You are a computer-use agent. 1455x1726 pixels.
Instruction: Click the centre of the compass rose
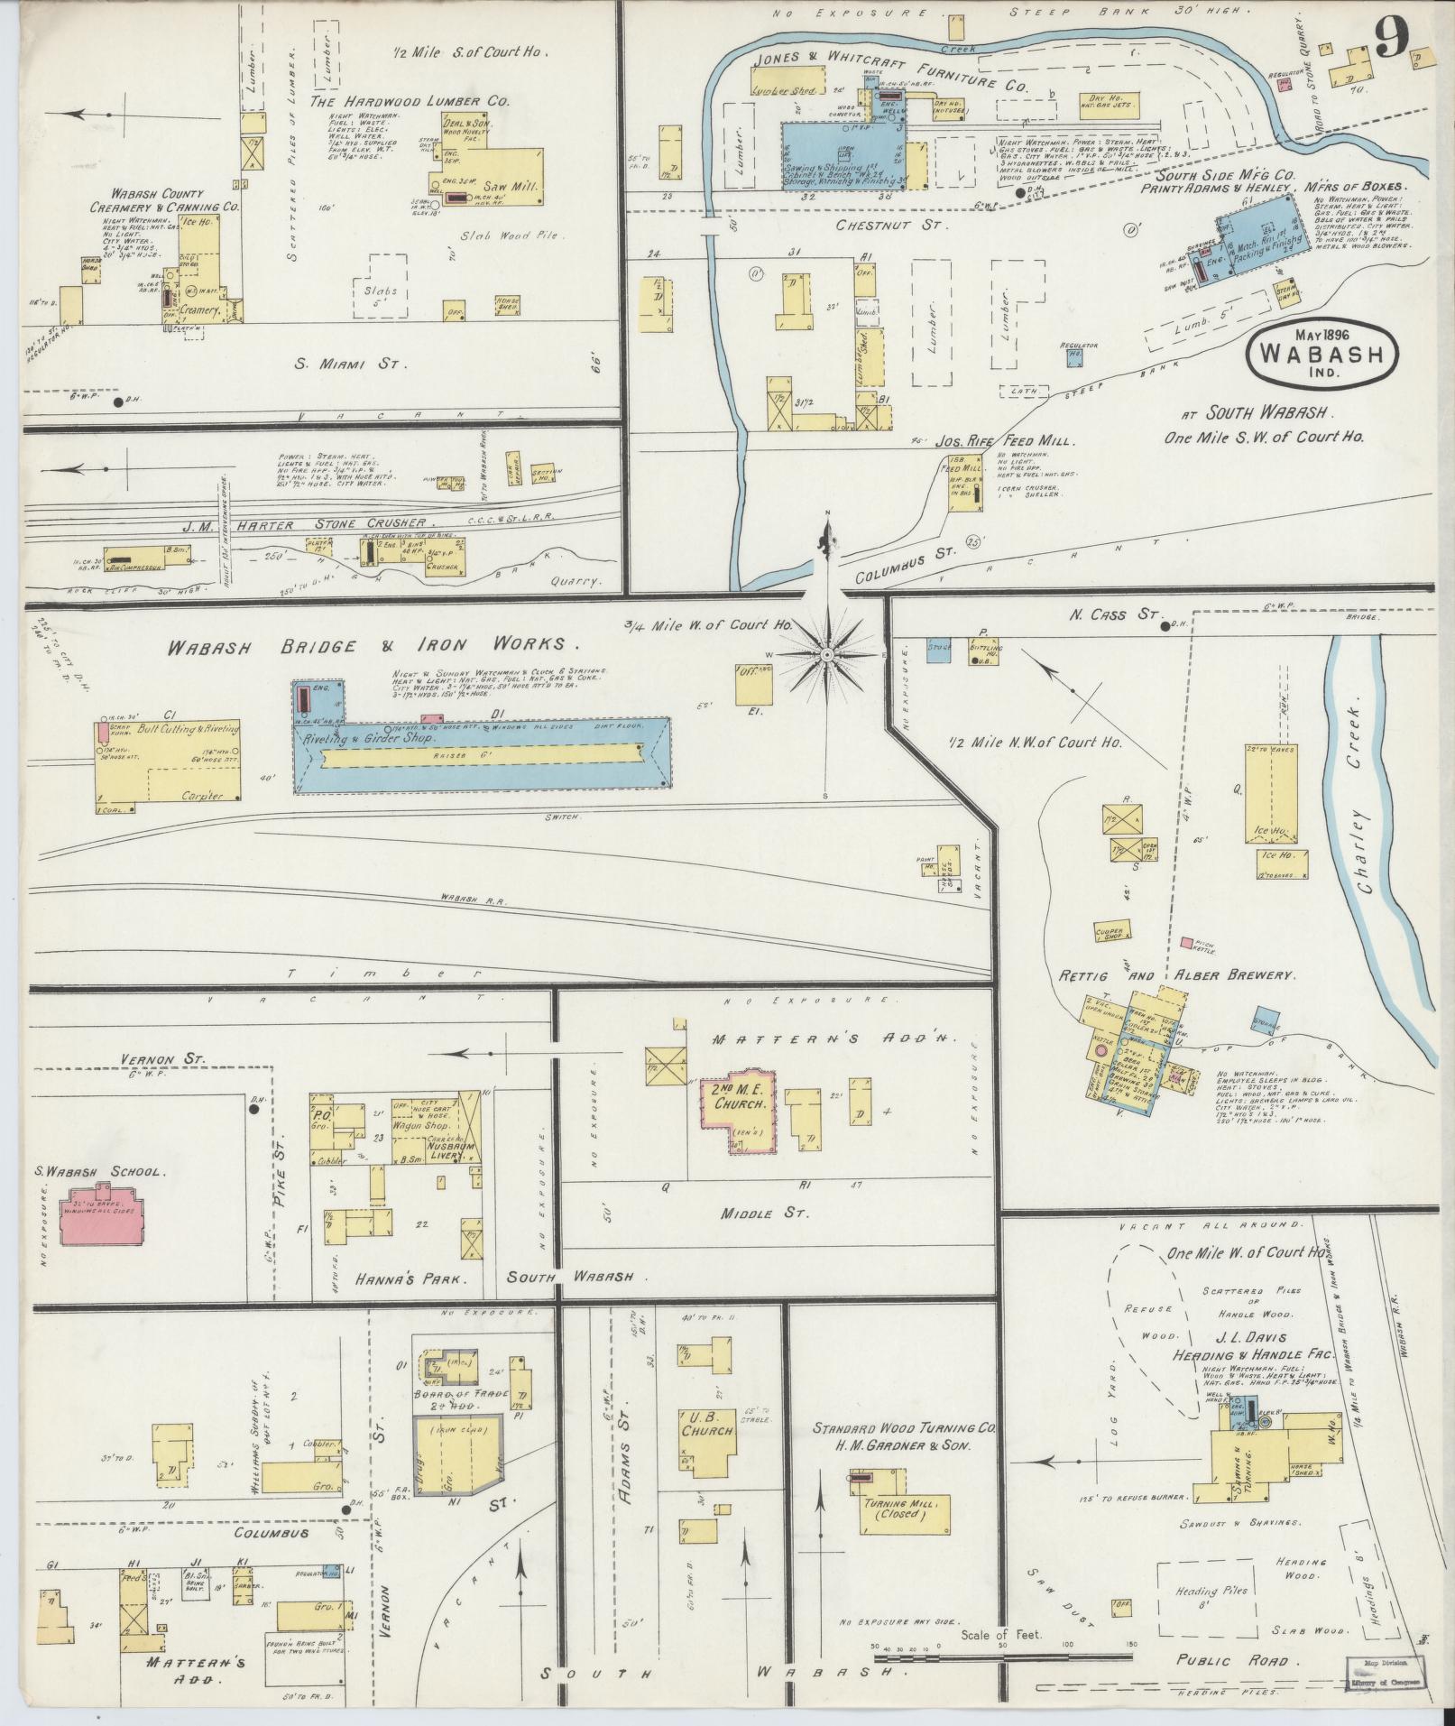point(826,651)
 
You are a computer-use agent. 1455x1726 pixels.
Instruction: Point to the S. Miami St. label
point(353,365)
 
